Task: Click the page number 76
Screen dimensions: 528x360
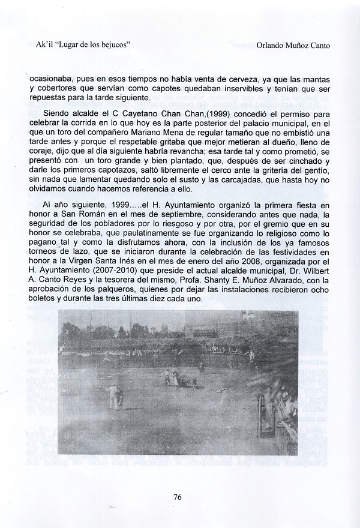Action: click(178, 496)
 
